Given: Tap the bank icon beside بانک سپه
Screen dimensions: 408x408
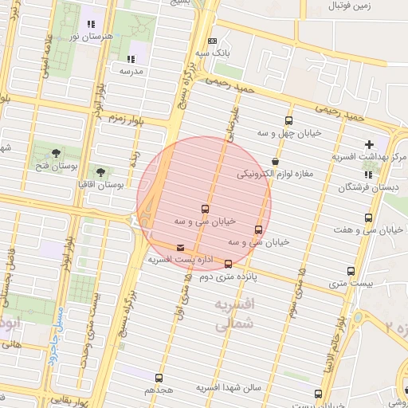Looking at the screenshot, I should pos(211,41).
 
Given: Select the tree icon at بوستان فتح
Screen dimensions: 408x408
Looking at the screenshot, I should pos(55,152).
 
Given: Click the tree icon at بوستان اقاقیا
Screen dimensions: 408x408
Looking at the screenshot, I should pos(100,171).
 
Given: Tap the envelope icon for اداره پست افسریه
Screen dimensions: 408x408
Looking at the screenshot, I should pos(179,248).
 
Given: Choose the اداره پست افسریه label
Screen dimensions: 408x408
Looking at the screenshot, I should pos(179,260).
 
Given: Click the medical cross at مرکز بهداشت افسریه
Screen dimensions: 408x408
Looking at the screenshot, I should pos(368,144).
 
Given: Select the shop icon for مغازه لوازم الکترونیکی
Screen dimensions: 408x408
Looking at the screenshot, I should pos(276,160).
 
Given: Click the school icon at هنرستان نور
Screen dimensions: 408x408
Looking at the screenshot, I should pos(90,24).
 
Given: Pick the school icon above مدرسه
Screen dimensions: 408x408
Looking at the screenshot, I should pos(130,58).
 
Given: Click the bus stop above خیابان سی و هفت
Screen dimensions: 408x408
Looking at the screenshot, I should pos(367,217).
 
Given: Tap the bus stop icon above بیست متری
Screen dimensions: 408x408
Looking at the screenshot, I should pos(350,270).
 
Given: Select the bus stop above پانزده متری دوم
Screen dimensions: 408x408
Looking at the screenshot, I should pos(229,264).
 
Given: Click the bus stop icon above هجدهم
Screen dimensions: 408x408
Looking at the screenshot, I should pos(159,378).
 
